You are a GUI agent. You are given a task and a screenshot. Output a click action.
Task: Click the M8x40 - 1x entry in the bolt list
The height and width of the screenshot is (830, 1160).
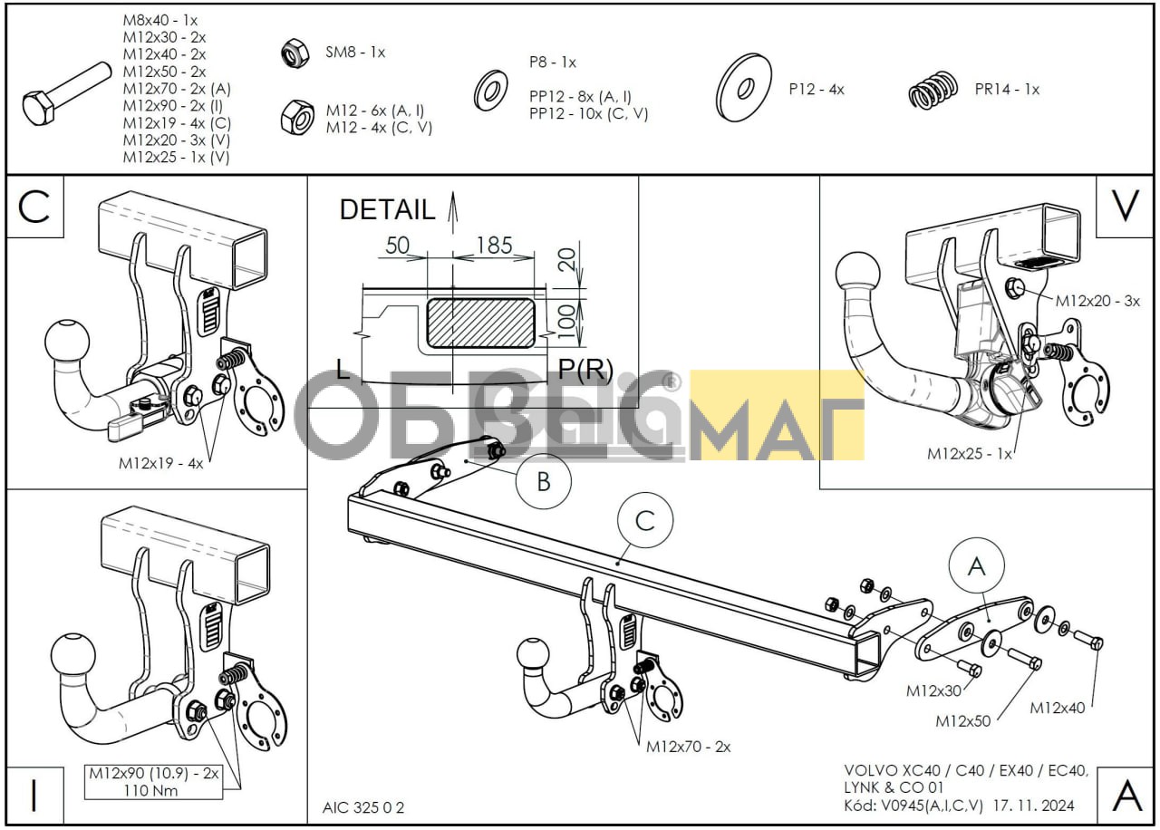[160, 20]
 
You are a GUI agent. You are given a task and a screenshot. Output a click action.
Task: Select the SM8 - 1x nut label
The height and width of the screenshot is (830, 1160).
[355, 53]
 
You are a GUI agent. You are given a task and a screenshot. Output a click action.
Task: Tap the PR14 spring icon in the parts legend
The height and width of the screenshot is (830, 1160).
[933, 91]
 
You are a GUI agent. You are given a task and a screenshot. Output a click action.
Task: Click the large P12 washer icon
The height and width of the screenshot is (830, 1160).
[744, 88]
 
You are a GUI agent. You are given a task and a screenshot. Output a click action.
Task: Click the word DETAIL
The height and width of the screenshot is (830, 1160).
[387, 209]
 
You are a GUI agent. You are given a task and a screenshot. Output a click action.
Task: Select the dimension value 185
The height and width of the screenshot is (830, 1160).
[494, 245]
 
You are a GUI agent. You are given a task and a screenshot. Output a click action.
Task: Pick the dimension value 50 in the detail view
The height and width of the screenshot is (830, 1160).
[397, 246]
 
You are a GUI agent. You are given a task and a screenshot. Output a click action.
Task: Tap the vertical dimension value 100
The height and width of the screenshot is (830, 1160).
[567, 322]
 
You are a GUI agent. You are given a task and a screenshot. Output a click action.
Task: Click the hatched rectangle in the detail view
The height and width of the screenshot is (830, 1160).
[480, 323]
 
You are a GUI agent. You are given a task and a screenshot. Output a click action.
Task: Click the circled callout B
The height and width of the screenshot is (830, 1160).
[543, 481]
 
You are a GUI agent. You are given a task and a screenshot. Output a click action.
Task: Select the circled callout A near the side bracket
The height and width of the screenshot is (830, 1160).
[977, 566]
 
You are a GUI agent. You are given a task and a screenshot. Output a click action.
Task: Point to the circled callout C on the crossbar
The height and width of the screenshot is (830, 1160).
[645, 521]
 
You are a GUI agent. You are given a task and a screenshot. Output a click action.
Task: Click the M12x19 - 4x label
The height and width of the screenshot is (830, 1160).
[161, 463]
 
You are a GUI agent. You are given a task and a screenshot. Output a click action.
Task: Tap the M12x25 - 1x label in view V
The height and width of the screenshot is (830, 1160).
[969, 454]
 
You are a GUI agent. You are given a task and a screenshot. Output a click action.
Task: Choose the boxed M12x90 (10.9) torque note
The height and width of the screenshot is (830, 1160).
[153, 782]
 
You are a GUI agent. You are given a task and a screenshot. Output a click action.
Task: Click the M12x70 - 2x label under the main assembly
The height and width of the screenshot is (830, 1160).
[688, 747]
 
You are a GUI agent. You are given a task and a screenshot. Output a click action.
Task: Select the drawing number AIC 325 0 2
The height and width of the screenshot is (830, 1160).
[363, 807]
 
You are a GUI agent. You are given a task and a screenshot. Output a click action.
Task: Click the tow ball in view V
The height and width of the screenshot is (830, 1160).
[857, 274]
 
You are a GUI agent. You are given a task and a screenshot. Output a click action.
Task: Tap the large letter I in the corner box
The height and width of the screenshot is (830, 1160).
[34, 796]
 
